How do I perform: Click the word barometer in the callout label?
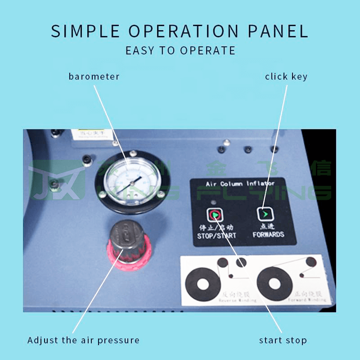pyautogui.click(x=94, y=76)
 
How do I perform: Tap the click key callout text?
pyautogui.click(x=286, y=76)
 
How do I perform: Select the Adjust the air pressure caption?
pyautogui.click(x=83, y=340)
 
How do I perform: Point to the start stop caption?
pyautogui.click(x=283, y=340)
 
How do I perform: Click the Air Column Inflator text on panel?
pyautogui.click(x=240, y=184)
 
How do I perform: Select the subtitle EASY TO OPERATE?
pyautogui.click(x=180, y=50)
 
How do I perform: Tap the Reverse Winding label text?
pyautogui.click(x=238, y=298)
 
